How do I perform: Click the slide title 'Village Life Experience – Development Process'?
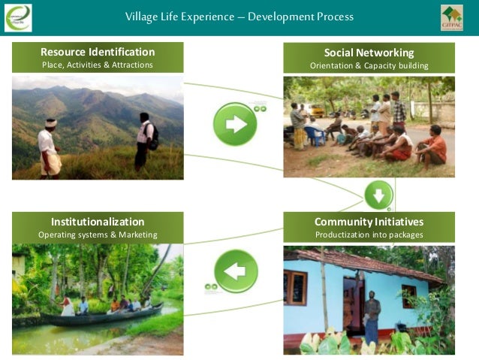click(x=239, y=17)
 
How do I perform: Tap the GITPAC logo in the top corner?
click(x=451, y=17)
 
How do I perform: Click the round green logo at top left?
click(x=18, y=17)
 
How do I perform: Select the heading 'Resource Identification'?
click(x=98, y=52)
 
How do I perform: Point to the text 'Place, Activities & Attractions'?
click(x=98, y=65)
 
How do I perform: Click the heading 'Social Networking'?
click(x=369, y=53)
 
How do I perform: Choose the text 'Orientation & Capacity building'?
click(x=369, y=66)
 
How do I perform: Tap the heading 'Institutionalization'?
click(x=98, y=222)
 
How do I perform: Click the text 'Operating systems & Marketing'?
click(x=98, y=235)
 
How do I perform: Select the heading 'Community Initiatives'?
click(x=369, y=222)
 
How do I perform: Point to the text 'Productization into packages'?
click(x=369, y=235)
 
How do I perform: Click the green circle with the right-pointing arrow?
click(x=235, y=124)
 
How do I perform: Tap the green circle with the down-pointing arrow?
click(x=378, y=195)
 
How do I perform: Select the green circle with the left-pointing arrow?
click(x=236, y=271)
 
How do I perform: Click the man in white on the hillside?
click(x=49, y=147)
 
